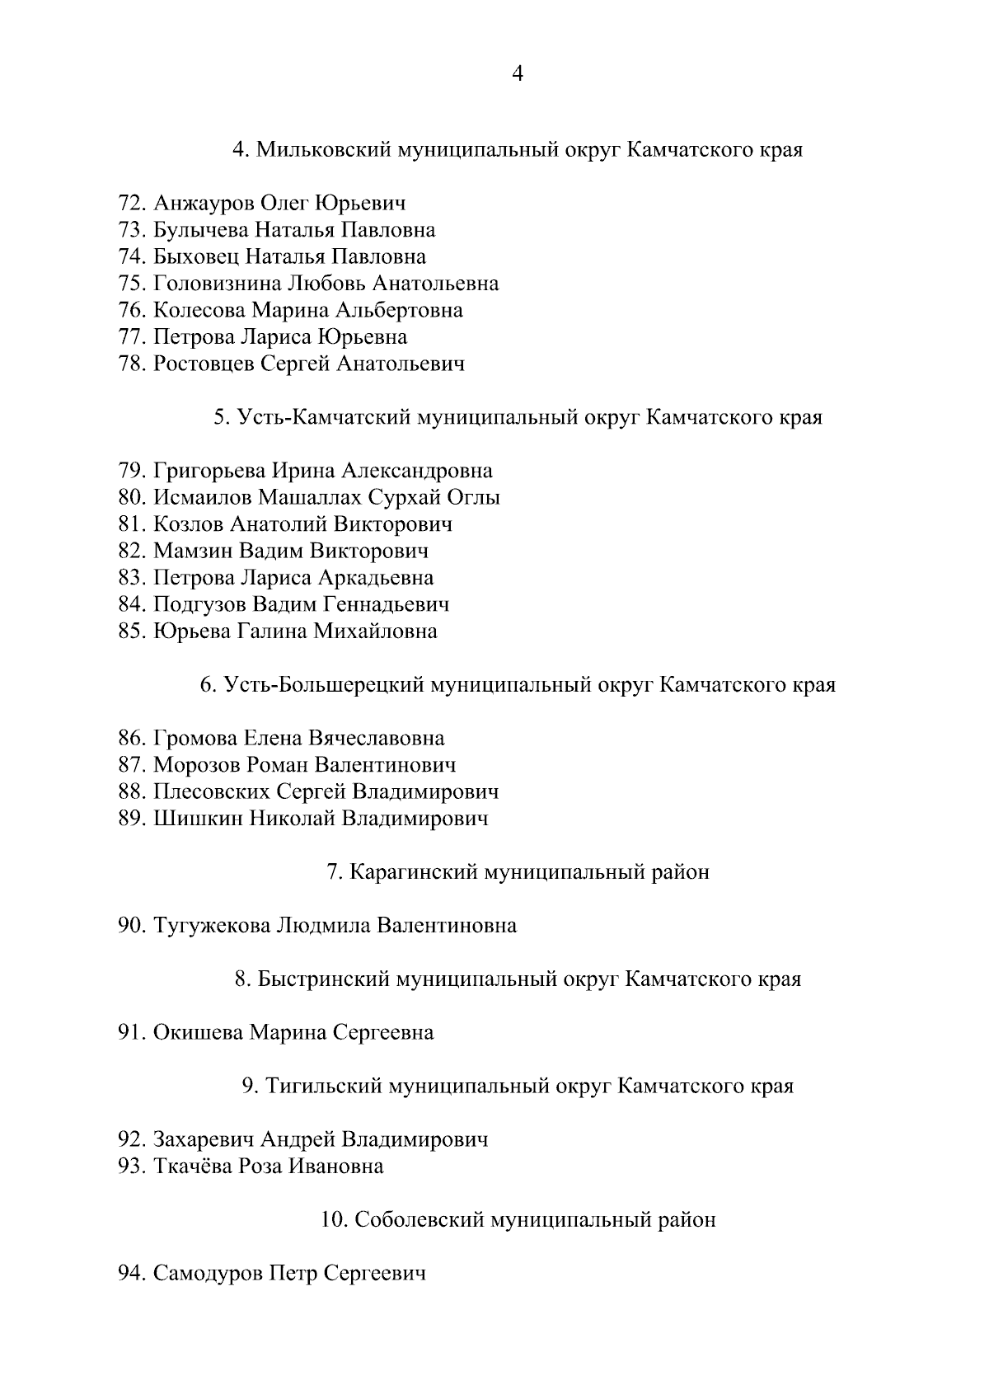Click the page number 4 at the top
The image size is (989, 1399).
(x=518, y=74)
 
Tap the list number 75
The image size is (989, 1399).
(x=132, y=284)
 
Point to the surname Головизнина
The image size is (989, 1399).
(x=218, y=284)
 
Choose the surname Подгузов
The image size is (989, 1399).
(x=199, y=604)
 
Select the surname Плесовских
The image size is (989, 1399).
(x=211, y=792)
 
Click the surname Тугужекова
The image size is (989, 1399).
(x=212, y=926)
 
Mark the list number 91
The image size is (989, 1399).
(x=132, y=1032)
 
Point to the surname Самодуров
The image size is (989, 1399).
(x=208, y=1274)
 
